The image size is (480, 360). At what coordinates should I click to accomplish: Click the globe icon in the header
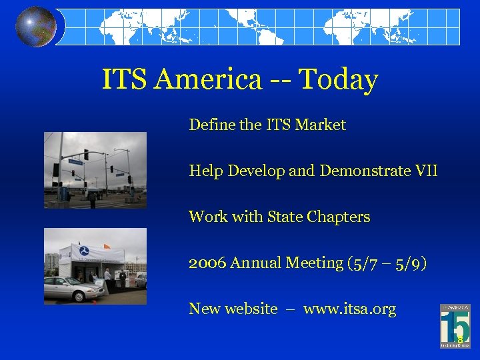pos(36,27)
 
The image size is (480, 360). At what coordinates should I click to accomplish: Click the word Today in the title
pos(338,80)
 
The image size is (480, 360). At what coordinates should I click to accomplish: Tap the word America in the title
pos(207,80)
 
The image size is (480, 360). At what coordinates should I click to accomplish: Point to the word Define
pos(209,125)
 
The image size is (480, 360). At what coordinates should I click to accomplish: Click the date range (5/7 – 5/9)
pos(387,263)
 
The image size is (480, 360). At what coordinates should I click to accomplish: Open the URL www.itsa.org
pos(349,309)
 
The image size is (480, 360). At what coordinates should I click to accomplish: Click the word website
pos(251,309)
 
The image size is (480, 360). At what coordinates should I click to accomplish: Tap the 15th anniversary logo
pos(455,326)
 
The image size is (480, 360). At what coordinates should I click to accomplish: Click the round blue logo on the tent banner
pos(83,251)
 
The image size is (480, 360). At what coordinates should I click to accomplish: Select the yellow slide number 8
pos(460,339)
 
